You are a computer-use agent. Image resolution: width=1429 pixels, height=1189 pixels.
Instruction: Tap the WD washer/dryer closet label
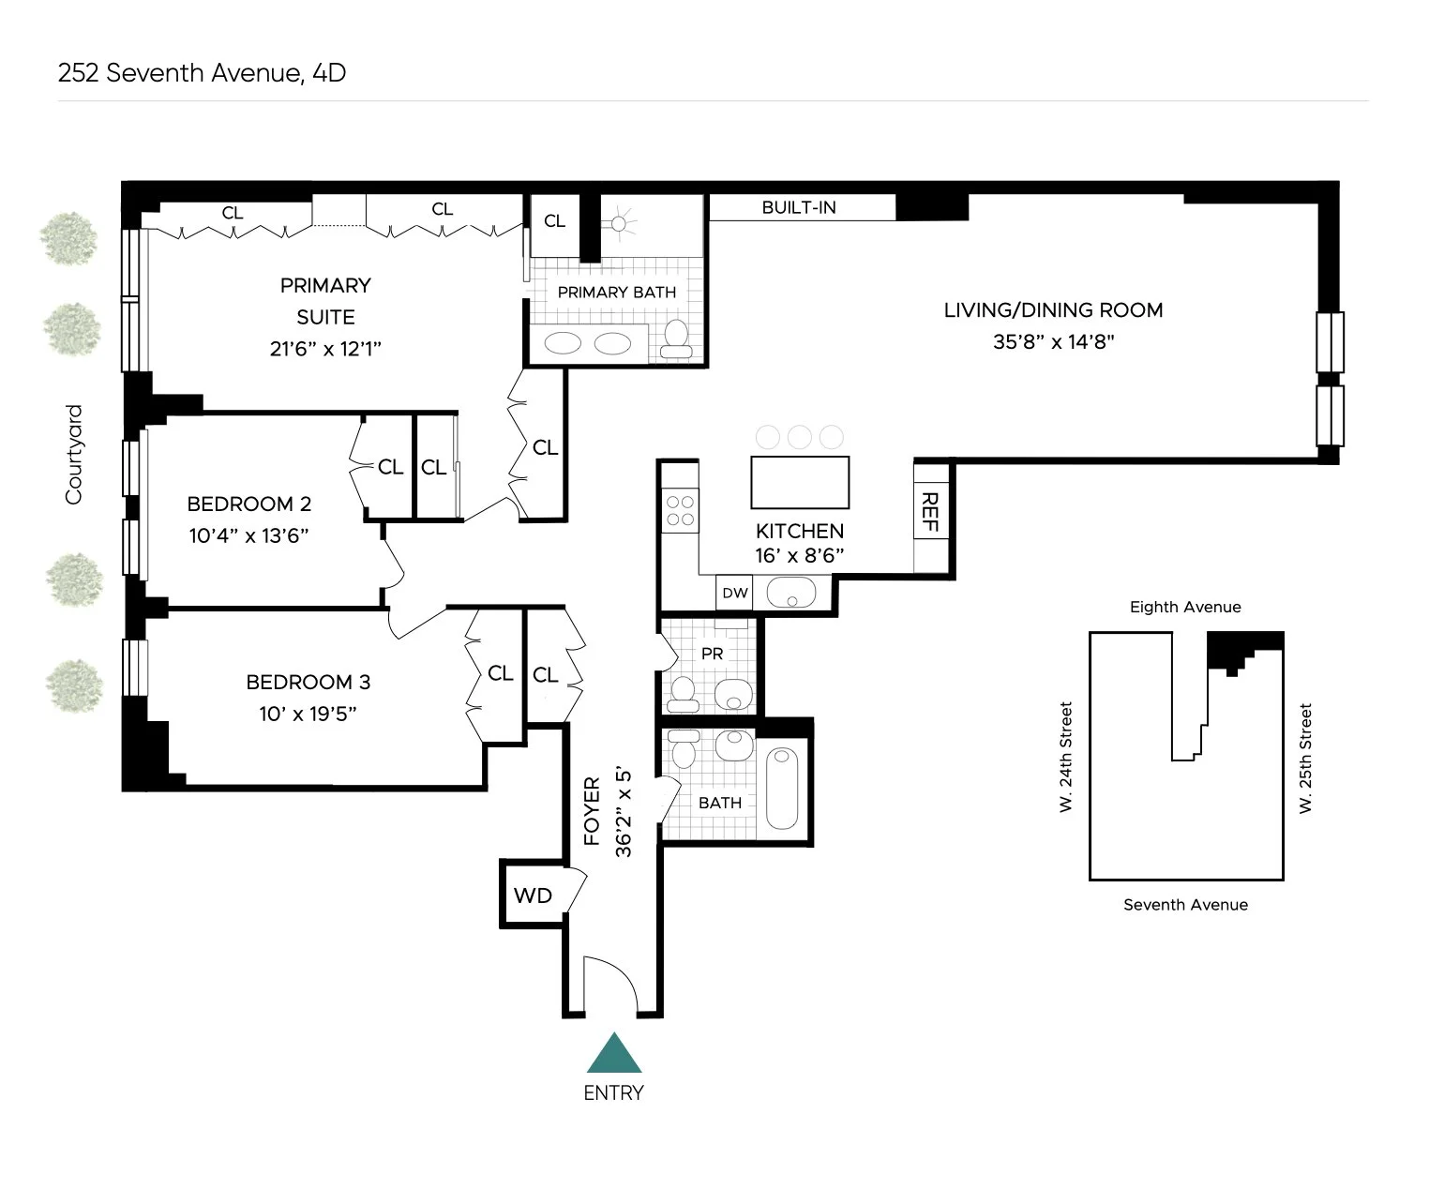click(533, 896)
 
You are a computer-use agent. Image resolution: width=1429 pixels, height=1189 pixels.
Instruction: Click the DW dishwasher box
click(735, 593)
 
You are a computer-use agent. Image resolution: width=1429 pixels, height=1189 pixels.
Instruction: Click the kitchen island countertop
click(800, 482)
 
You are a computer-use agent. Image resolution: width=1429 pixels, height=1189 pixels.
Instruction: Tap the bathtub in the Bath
click(781, 788)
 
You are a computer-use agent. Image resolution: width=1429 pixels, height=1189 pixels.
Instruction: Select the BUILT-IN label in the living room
click(799, 207)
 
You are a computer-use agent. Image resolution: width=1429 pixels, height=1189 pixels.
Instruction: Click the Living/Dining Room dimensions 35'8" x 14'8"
click(1053, 341)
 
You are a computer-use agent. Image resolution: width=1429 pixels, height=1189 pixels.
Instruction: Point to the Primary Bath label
click(616, 293)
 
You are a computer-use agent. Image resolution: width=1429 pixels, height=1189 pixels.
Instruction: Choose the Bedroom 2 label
click(248, 504)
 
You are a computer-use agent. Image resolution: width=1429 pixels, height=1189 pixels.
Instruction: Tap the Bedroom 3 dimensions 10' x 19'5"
click(308, 714)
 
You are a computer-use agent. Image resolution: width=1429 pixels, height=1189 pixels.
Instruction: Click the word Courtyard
click(74, 455)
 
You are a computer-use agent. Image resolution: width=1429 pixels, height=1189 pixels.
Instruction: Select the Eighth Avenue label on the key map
click(1185, 607)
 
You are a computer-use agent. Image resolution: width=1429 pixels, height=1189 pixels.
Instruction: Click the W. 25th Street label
click(1305, 758)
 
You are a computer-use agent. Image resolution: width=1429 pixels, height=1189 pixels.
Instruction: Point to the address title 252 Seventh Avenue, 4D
click(202, 73)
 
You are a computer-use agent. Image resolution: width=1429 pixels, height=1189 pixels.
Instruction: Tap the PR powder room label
click(713, 654)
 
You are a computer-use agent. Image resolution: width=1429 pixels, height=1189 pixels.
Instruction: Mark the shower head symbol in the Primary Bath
click(618, 223)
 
